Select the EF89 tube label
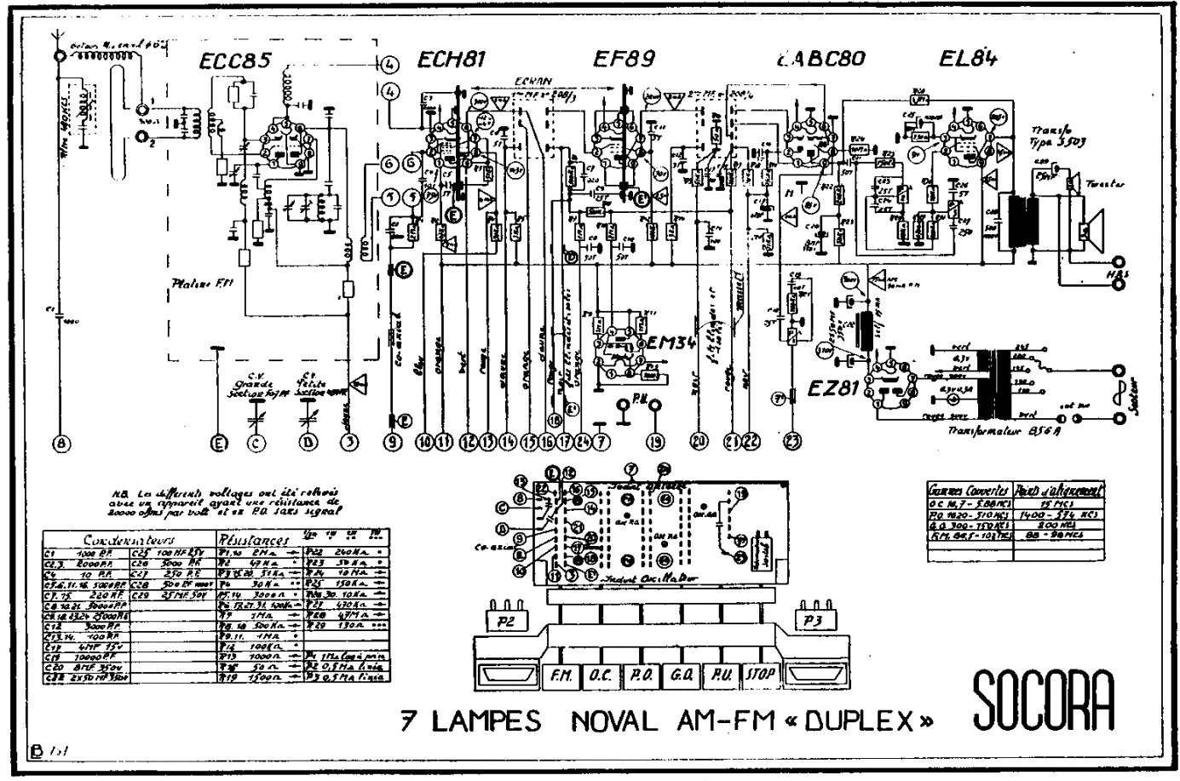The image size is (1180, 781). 624,60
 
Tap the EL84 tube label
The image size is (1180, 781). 968,59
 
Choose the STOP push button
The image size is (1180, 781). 760,675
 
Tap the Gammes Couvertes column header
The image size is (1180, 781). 969,490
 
